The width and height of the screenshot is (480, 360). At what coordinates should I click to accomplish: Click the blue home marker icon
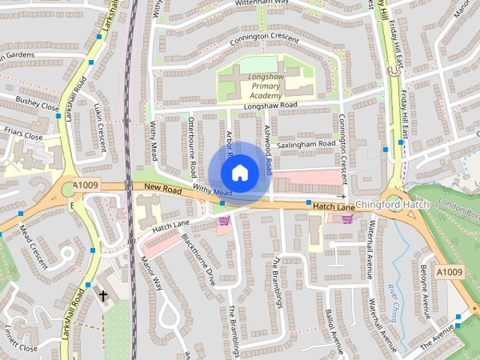[x=239, y=172]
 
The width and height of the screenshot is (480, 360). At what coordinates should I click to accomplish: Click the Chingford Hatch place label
[x=392, y=205]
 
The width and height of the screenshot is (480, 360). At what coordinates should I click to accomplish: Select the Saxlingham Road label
[x=305, y=143]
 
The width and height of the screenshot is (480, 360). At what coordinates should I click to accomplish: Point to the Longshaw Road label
[x=270, y=106]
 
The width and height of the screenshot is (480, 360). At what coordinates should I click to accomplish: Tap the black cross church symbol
[x=103, y=295]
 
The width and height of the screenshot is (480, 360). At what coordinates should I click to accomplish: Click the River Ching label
[x=392, y=302]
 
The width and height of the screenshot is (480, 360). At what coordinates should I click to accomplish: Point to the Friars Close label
[x=22, y=136]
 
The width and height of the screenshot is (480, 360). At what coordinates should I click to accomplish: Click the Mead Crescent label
[x=33, y=246]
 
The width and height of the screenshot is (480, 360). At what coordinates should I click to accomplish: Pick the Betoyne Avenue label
[x=424, y=286]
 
